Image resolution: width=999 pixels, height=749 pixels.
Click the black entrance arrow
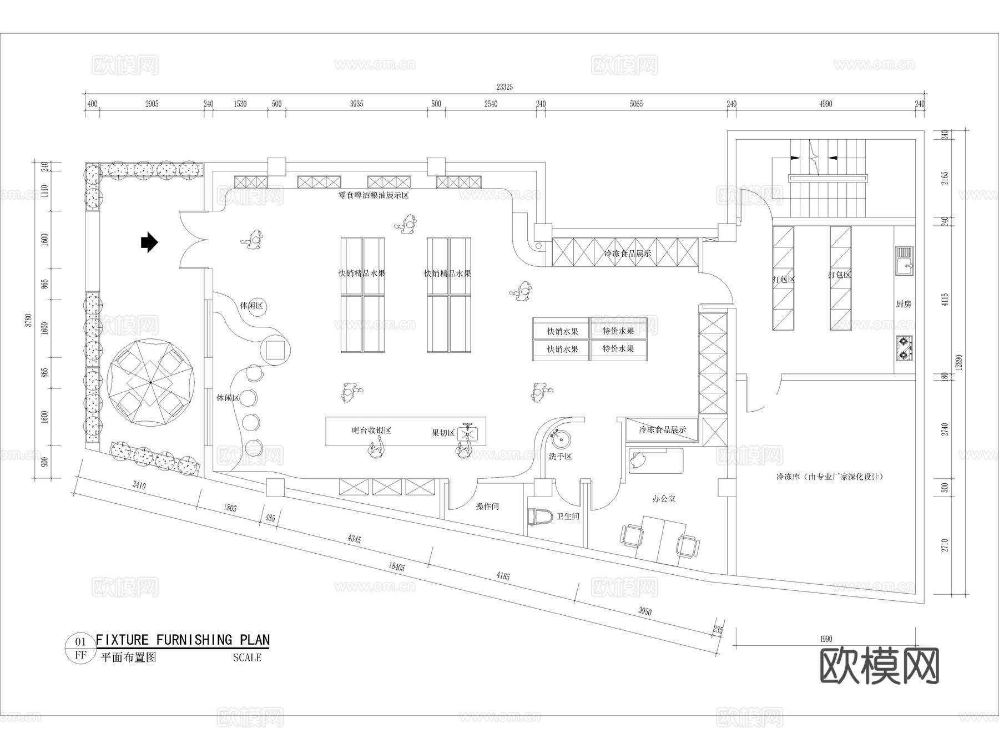point(149,242)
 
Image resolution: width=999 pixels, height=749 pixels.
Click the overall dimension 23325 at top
point(504,87)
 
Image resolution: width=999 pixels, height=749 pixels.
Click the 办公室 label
point(664,499)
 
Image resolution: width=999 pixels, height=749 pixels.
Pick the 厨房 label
point(904,304)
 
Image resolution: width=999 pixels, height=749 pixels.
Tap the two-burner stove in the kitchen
point(904,348)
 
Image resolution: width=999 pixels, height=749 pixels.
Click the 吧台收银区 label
point(372,430)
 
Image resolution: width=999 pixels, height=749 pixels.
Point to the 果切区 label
point(443,433)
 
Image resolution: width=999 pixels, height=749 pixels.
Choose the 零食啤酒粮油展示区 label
point(374,195)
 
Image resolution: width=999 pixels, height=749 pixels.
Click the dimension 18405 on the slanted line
point(397,566)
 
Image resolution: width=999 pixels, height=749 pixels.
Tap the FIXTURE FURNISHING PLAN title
point(183,640)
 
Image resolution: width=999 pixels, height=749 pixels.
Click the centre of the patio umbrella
point(150,382)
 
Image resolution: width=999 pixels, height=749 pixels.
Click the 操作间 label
point(487,507)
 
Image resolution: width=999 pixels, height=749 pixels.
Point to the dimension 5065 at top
point(636,104)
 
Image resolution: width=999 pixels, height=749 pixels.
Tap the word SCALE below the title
point(247,658)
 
